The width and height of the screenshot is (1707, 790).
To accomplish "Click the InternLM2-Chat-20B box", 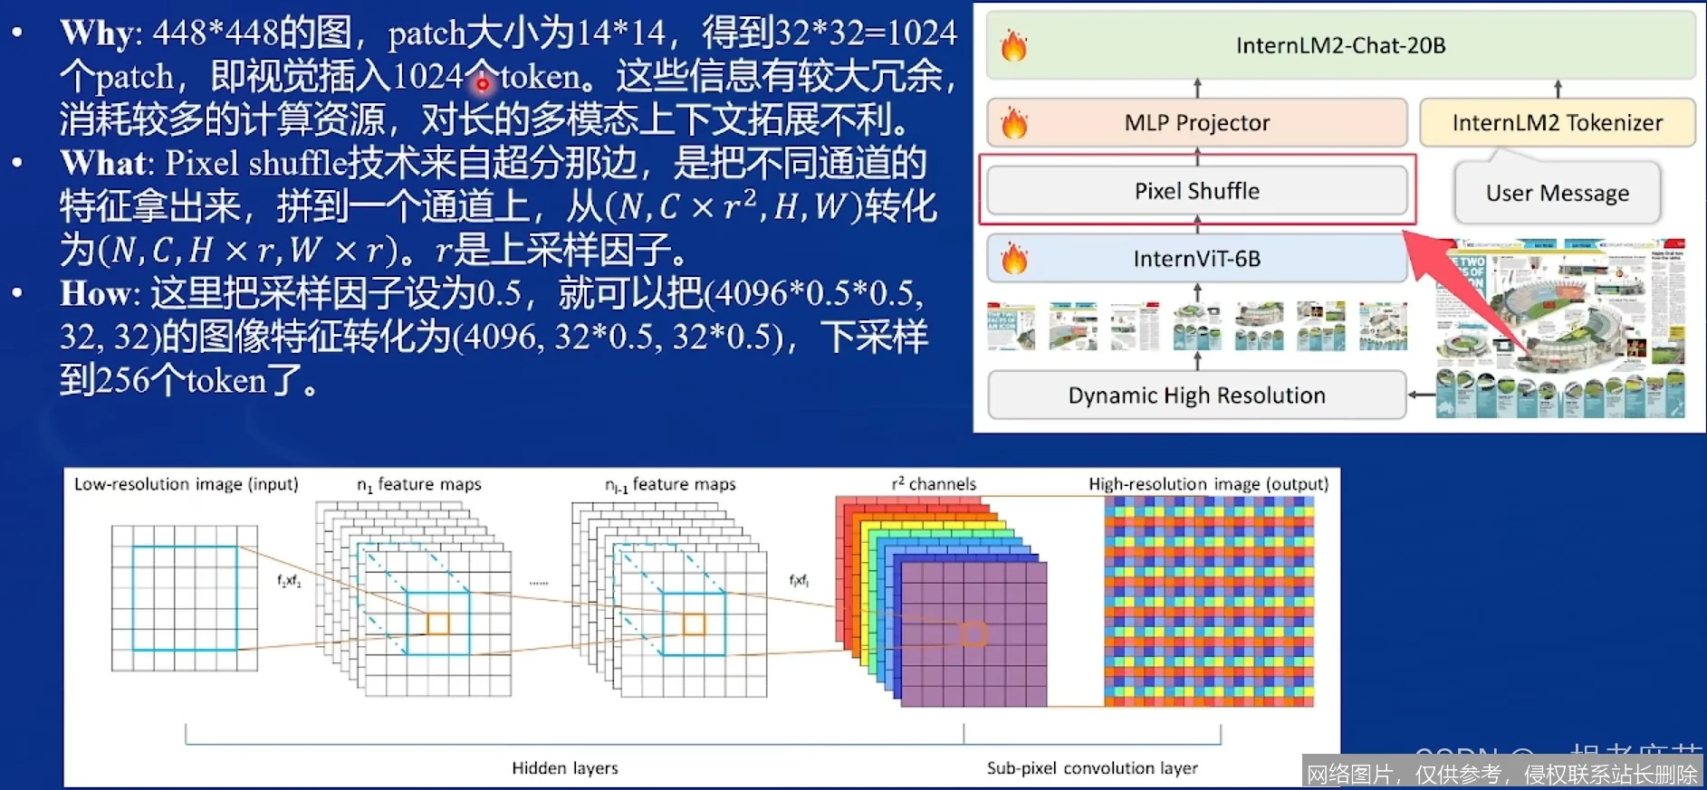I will (x=1340, y=46).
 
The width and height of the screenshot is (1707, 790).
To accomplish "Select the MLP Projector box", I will (x=1197, y=123).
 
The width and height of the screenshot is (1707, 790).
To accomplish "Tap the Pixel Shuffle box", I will (x=1197, y=191).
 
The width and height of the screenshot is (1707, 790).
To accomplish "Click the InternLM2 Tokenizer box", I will (x=1557, y=123).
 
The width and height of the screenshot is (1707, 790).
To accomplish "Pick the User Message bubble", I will (x=1557, y=193).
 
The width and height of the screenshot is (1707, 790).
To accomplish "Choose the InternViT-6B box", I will (x=1197, y=259).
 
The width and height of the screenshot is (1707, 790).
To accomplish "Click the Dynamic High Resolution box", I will (x=1196, y=395).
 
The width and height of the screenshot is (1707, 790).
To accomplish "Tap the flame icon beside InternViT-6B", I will (x=1014, y=259).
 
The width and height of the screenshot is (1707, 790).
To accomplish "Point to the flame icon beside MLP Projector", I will (x=1014, y=123).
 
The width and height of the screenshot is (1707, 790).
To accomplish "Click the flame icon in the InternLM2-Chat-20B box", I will (x=1014, y=45).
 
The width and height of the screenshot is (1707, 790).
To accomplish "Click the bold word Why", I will (x=97, y=33).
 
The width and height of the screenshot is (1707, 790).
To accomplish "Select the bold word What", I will (x=102, y=164).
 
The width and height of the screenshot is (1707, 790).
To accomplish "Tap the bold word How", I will (x=96, y=294).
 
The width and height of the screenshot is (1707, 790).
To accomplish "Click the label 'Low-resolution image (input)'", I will (x=186, y=484).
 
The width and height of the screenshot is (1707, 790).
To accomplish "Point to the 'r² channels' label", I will (x=934, y=484).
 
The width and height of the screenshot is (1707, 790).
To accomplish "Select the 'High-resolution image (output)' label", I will (x=1208, y=484).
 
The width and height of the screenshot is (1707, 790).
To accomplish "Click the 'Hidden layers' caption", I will (x=565, y=768).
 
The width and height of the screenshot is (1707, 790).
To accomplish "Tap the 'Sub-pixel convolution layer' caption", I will (x=1092, y=768).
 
